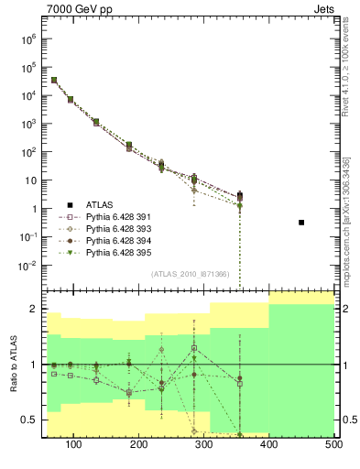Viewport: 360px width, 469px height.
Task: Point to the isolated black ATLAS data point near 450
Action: [x=301, y=223]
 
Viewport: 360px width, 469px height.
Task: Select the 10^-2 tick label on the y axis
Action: [x=27, y=266]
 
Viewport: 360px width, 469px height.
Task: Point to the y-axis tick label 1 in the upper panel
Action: [x=34, y=209]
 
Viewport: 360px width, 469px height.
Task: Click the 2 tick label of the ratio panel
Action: [x=34, y=309]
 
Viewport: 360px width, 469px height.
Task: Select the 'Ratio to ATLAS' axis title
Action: [x=13, y=365]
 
